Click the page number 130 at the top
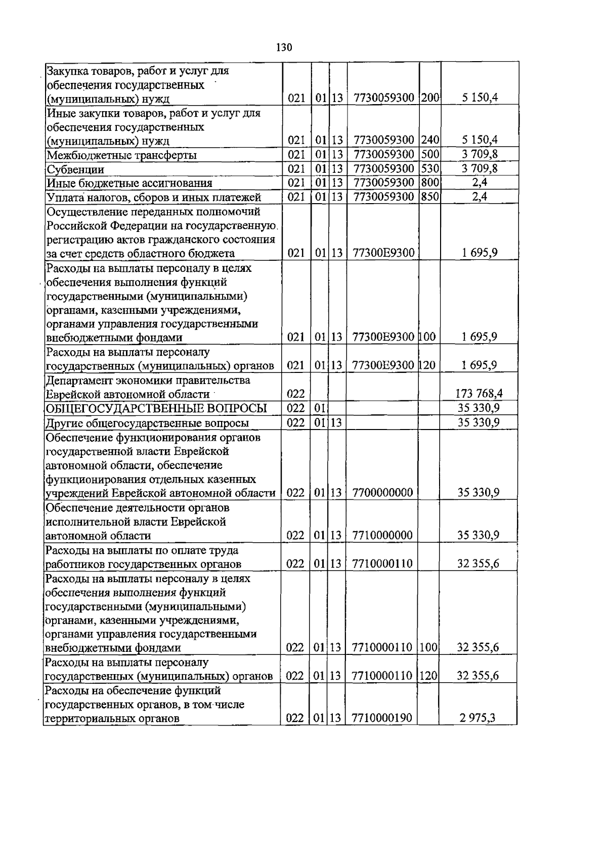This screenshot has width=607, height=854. (284, 48)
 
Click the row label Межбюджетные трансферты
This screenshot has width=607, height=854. (121, 155)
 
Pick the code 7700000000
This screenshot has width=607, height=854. (382, 492)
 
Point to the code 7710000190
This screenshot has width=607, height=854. (382, 718)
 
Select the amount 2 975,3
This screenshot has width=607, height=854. (478, 718)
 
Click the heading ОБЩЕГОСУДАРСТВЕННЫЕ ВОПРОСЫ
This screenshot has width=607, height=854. (156, 408)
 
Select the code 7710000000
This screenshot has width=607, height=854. (382, 535)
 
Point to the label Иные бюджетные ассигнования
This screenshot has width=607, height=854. (129, 183)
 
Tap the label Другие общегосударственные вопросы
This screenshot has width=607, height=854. (147, 423)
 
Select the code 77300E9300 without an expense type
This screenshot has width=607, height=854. (383, 253)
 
